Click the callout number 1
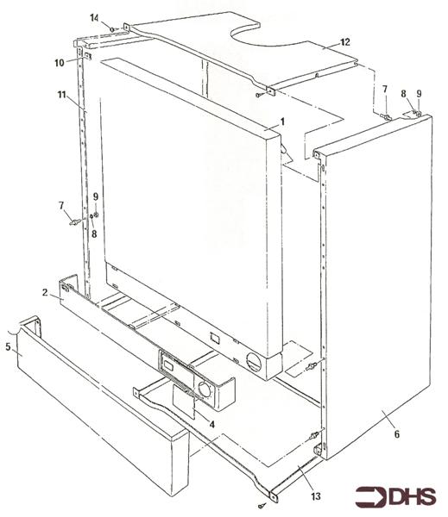[282, 122]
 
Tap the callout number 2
[45, 292]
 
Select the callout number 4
[211, 424]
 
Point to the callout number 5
[9, 347]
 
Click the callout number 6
[397, 434]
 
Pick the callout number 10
[60, 63]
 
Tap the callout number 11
[62, 95]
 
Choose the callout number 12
[345, 42]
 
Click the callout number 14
[94, 18]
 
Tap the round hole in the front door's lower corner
[254, 362]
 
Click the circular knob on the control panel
[205, 389]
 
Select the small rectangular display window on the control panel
[168, 365]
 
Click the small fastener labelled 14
[112, 29]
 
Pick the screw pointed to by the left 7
[74, 222]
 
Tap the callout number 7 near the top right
[385, 89]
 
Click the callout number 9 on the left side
[96, 196]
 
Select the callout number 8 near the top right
[403, 94]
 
